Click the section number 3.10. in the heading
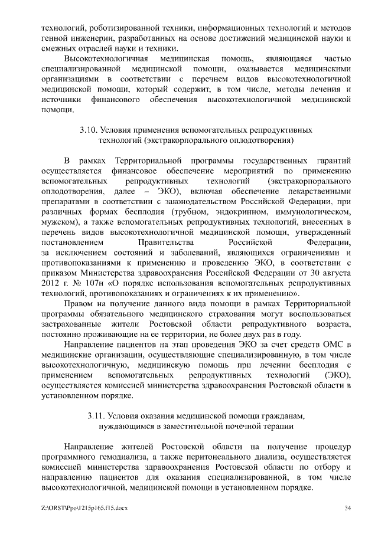[x=90, y=129]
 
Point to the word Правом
[x=79, y=303]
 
